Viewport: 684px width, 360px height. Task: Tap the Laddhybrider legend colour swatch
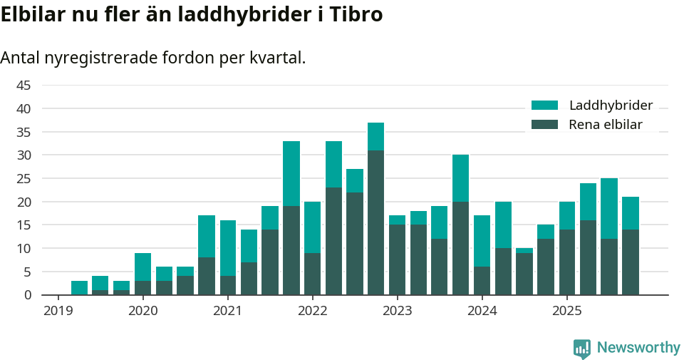point(545,106)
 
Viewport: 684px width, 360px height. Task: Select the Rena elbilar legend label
point(606,125)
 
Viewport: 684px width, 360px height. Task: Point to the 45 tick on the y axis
point(24,86)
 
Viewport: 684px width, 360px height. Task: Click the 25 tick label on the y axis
point(24,178)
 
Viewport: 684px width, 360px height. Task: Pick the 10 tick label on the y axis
point(24,248)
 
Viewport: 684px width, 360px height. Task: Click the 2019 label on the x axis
point(58,311)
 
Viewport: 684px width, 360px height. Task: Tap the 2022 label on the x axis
point(312,311)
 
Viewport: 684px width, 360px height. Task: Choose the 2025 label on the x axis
point(566,311)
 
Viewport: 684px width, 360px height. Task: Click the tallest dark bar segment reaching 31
point(376,222)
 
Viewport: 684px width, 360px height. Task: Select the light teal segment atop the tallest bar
point(376,136)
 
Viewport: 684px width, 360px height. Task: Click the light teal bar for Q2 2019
point(79,288)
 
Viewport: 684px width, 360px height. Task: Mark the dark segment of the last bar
point(631,262)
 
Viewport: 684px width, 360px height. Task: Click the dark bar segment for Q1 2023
point(398,259)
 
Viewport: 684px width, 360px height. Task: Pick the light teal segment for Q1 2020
point(142,267)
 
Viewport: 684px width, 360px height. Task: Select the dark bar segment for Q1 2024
point(482,281)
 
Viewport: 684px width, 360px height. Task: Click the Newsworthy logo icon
point(582,348)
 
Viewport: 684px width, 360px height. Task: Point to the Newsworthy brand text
point(638,348)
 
